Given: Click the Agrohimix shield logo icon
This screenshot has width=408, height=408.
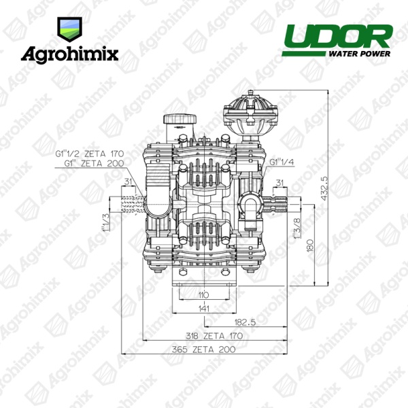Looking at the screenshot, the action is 70,29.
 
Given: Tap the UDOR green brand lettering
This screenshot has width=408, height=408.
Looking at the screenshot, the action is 337,37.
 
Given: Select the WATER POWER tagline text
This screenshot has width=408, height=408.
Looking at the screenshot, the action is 359,54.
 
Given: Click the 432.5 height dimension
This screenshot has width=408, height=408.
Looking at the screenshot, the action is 324,188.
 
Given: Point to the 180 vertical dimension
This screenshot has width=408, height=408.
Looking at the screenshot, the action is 311,245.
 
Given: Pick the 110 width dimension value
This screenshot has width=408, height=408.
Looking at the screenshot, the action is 203,295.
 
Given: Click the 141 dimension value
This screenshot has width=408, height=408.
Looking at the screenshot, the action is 204,309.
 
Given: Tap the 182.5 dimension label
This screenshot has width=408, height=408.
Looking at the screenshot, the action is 245,322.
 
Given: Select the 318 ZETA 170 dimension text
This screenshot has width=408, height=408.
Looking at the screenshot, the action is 214,336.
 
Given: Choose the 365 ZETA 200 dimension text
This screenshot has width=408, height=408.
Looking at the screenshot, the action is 203,350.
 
